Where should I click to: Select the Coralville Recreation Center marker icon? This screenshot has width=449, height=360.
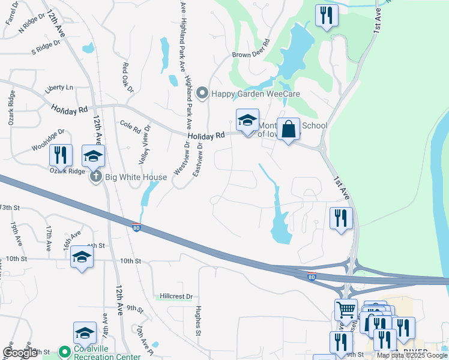[x=64, y=350]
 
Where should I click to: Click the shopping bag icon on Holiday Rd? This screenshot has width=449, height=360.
[x=288, y=129]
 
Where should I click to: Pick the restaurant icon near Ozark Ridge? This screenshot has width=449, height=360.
[x=61, y=155]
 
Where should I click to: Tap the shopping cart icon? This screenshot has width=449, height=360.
[x=346, y=310]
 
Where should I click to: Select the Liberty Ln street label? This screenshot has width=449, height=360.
[x=59, y=88]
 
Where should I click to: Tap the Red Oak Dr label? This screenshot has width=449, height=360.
[x=127, y=77]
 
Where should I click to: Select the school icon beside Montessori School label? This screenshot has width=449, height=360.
[x=247, y=120]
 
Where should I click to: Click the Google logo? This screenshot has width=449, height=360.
[x=20, y=353]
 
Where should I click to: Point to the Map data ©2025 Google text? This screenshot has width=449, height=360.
[x=411, y=355]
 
